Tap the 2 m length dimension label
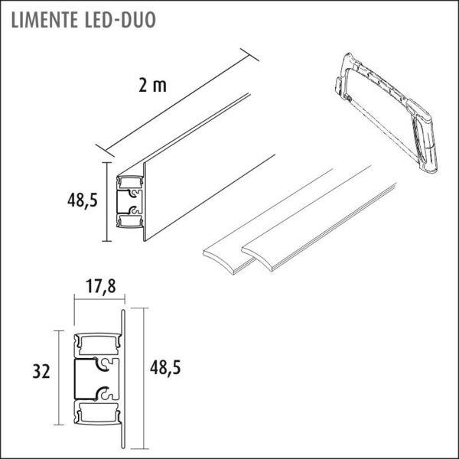(152, 86)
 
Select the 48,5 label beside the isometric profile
(83, 200)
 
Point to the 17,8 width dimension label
(101, 286)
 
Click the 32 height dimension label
(41, 372)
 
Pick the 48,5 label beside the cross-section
(165, 367)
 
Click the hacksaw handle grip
(424, 138)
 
